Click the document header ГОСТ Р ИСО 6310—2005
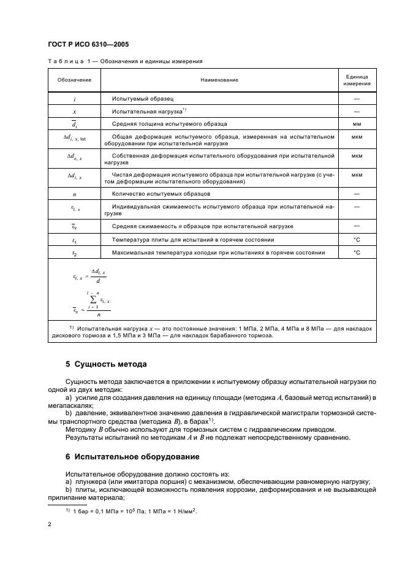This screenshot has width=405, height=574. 88,44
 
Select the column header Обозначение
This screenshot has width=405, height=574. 74,80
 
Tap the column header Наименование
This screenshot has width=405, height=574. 219,80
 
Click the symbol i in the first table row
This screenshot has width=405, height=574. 74,99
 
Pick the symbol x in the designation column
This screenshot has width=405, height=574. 74,112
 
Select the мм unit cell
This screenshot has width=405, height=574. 356,124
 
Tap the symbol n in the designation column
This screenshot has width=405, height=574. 74,194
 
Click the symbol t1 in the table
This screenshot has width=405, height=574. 74,240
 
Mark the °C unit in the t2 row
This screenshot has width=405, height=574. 356,253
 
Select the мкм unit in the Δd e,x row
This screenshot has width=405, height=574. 356,156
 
